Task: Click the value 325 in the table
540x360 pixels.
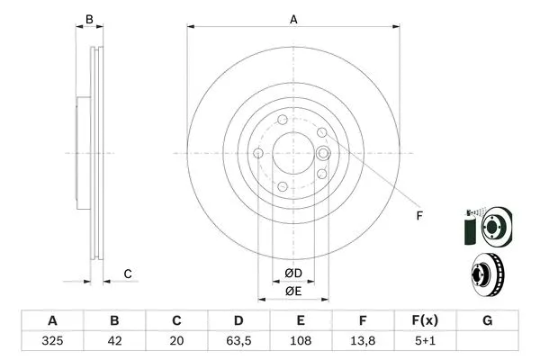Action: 52,342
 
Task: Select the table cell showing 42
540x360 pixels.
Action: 114,342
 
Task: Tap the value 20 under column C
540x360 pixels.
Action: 176,342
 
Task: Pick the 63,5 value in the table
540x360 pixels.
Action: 238,342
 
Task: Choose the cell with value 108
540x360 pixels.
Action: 301,342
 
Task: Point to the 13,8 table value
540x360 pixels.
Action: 363,342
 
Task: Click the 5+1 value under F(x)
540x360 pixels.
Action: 425,342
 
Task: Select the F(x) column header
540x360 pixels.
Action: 425,321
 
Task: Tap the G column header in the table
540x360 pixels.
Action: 487,321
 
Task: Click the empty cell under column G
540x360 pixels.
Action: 487,342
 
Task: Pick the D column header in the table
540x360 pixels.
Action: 238,321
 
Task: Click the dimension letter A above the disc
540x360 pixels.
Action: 293,18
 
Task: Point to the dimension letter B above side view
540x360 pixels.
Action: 88,18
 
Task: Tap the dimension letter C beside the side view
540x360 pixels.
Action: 128,274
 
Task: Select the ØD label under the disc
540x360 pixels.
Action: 293,274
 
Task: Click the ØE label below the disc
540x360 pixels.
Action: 293,291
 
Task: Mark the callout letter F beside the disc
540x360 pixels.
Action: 419,214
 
